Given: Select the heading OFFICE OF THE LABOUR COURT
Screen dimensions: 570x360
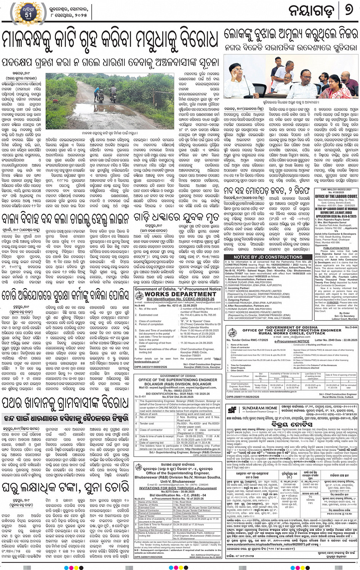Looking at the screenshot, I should pyautogui.click(x=336, y=196).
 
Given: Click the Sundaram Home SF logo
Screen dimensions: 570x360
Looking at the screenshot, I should pyautogui.click(x=232, y=410).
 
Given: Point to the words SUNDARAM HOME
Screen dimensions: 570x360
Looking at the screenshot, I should pyautogui.click(x=260, y=408).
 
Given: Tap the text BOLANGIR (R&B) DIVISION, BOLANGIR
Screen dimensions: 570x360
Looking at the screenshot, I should pyautogui.click(x=178, y=384).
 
